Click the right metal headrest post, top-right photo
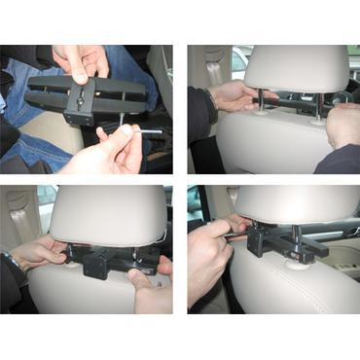point(318,105)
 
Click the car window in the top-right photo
point(236,63)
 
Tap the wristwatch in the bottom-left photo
point(12,260)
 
